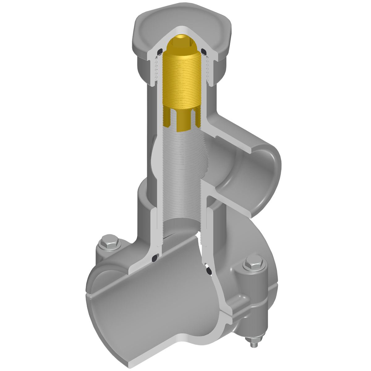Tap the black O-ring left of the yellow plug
click(x=160, y=52)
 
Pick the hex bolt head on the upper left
click(x=109, y=243)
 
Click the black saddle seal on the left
click(x=155, y=257)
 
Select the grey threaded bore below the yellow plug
click(x=182, y=173)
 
